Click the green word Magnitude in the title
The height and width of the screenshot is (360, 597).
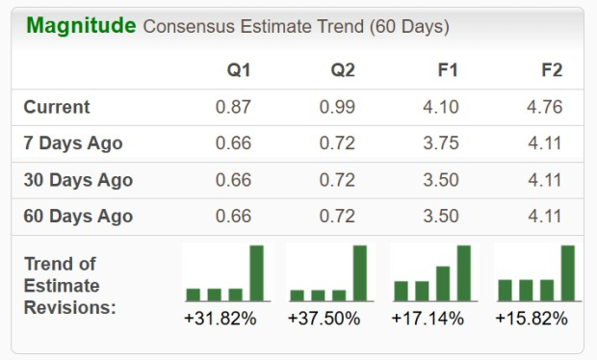click(81, 26)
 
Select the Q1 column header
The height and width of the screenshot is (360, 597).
click(239, 71)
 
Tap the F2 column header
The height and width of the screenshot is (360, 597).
click(552, 71)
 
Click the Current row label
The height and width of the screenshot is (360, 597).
click(57, 107)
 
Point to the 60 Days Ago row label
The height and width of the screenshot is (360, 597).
click(78, 217)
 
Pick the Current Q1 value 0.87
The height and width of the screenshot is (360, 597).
click(234, 107)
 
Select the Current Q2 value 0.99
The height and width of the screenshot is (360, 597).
click(338, 107)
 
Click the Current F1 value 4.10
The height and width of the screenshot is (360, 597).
click(442, 107)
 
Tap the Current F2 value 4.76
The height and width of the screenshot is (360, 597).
click(546, 107)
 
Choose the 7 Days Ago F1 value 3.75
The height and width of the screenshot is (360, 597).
click(442, 143)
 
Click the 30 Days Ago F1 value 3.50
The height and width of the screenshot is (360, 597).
click(442, 180)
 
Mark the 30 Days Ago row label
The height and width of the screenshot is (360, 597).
click(78, 180)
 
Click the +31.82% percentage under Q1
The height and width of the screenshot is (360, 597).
click(221, 318)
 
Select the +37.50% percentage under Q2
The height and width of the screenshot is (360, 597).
click(324, 318)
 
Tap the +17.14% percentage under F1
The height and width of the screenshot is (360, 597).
click(428, 318)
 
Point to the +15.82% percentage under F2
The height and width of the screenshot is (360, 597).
click(532, 318)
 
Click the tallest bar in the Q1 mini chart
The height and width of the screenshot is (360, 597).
click(256, 273)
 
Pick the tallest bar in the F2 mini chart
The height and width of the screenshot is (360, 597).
click(568, 273)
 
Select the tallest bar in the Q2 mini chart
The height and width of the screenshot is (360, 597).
click(360, 273)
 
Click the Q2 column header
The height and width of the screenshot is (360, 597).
click(343, 71)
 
